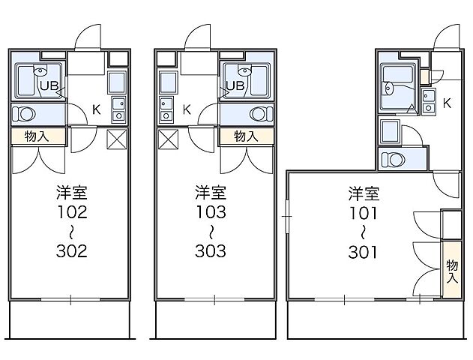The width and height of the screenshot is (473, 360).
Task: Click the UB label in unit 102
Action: (x=49, y=85)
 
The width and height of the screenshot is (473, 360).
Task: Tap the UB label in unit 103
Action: (x=235, y=85)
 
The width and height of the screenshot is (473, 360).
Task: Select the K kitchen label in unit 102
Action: (x=96, y=109)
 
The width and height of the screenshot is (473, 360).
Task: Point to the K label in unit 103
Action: (x=187, y=109)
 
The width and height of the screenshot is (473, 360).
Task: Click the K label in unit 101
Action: (x=446, y=102)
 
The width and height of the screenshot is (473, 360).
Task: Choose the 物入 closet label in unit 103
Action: (x=246, y=136)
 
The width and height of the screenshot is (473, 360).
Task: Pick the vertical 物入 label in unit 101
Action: (x=451, y=271)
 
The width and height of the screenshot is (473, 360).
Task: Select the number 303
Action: (x=211, y=250)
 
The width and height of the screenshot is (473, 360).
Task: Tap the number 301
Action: (x=363, y=250)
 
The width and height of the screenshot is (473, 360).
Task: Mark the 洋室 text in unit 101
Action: (x=363, y=193)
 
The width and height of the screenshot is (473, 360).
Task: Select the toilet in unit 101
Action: (x=392, y=159)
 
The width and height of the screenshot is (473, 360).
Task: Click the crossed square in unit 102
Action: (x=118, y=139)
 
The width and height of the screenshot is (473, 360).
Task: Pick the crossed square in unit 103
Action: (x=168, y=139)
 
